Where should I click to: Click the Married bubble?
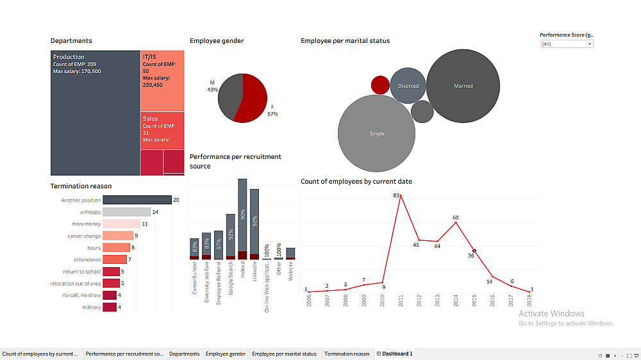pos(463,86)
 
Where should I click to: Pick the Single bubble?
pos(376,133)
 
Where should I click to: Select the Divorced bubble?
pos(408,86)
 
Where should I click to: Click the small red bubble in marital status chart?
pos(380,85)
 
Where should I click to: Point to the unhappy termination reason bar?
pos(126,212)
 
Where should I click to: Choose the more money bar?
pos(121,224)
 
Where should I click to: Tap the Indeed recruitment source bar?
pos(242,218)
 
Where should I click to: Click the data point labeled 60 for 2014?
pos(456,222)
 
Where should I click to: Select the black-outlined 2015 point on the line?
pos(474,250)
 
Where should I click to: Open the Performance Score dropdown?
pos(567,44)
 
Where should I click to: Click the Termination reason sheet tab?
pos(347,354)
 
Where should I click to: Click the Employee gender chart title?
pos(217,41)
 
